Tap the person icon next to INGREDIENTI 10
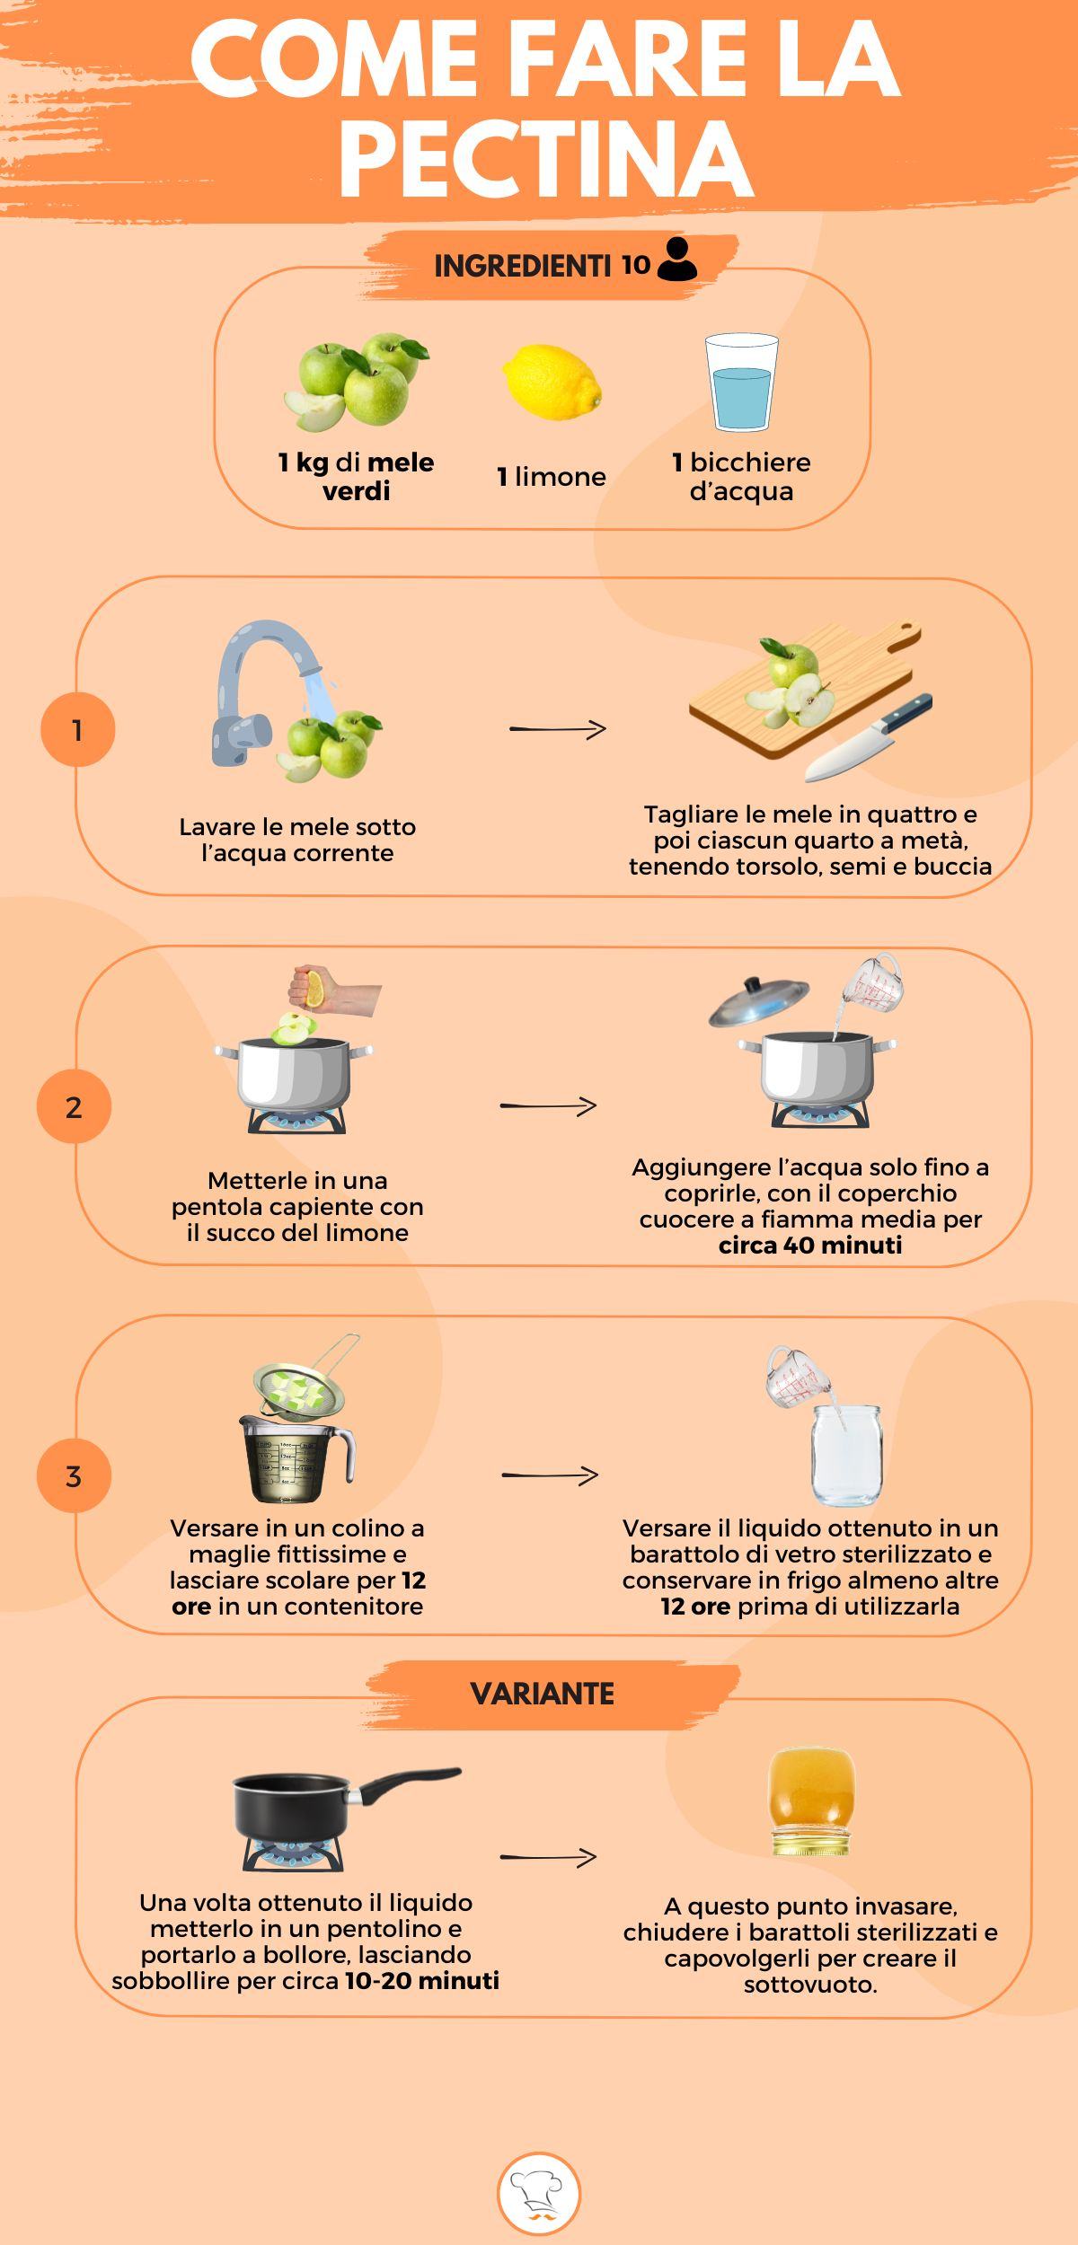tap(676, 260)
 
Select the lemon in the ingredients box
tap(552, 382)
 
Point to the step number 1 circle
tap(77, 729)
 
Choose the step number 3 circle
tap(74, 1475)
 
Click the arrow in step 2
tap(548, 1105)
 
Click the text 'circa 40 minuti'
tap(809, 1246)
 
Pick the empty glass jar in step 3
tap(846, 1455)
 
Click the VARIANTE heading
tap(542, 1694)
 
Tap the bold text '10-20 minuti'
tap(421, 1980)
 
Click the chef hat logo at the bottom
tap(539, 2194)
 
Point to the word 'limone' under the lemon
tap(561, 477)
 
